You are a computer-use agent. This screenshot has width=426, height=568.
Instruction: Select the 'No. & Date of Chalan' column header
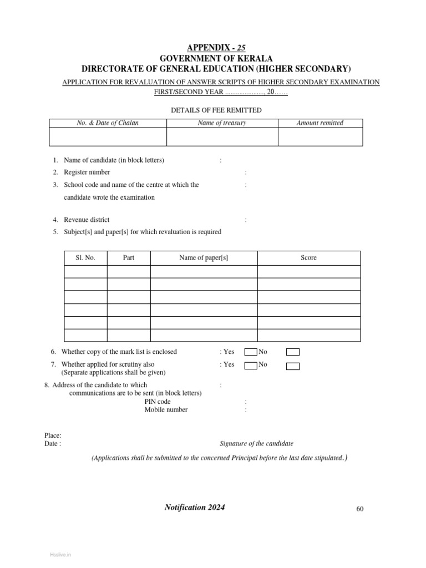coord(108,123)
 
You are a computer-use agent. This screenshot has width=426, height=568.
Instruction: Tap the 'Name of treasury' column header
coord(222,123)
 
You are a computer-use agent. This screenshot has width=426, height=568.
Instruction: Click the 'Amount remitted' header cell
coord(320,123)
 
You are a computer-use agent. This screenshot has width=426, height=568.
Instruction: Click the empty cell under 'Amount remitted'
coord(320,137)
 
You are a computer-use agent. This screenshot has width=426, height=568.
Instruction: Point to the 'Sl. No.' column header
coord(85,258)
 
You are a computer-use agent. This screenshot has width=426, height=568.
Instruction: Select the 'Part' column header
coord(129,258)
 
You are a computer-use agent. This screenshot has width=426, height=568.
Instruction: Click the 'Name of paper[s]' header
coord(204,258)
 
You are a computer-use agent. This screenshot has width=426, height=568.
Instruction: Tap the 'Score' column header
coord(309,258)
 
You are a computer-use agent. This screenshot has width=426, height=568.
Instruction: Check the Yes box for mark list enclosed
coord(251,352)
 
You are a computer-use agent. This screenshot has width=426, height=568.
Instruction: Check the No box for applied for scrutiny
coord(293,366)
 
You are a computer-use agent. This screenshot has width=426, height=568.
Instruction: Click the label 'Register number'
coord(87,173)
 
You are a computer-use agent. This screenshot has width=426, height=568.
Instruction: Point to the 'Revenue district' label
coord(87,220)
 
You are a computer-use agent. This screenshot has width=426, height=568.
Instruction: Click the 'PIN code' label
coord(158,402)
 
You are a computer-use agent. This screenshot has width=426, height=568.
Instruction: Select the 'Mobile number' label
coord(166,410)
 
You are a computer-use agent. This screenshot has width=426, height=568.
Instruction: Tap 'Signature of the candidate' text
coord(257,444)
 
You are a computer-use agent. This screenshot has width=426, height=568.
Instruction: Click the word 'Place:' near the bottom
coord(53,436)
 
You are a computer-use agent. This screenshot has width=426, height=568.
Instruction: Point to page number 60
coord(359,509)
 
